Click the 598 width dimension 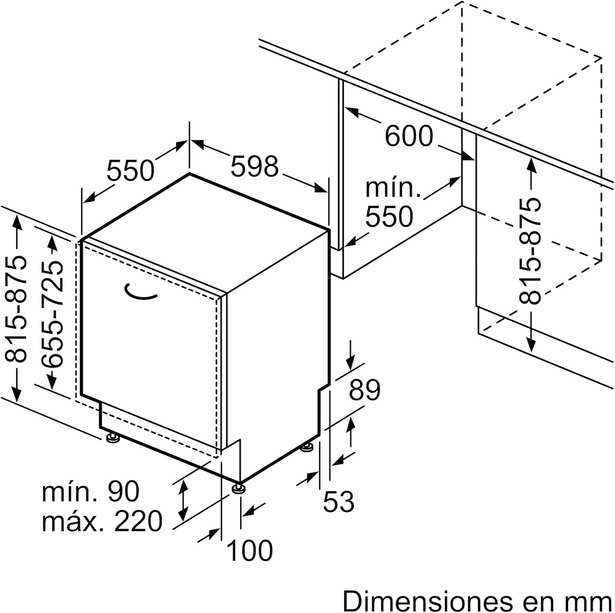coord(255,166)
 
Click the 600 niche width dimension coord(409,136)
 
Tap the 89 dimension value coord(364,390)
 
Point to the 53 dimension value coord(338,501)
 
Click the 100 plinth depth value coord(249,550)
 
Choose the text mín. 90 coord(91,491)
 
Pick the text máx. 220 coord(102,522)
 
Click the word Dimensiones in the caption coord(428,602)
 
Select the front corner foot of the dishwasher coord(239,488)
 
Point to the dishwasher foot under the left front coord(112,438)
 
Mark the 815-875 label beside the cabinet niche coord(530,251)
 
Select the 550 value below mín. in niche coord(389,216)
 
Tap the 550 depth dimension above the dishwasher coord(130,171)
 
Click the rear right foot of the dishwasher coord(307,447)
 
